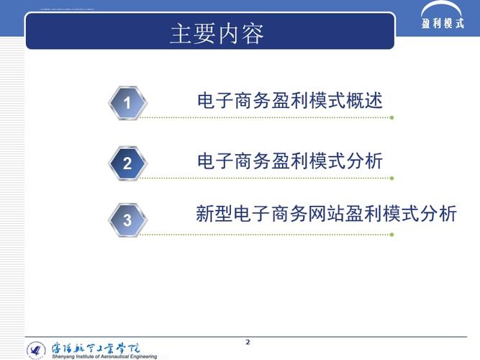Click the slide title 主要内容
tap(217, 33)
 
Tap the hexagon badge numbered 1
tap(127, 103)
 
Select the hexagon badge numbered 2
tap(127, 163)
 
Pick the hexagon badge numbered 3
tap(127, 220)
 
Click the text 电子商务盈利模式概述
tap(290, 101)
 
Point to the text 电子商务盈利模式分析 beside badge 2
tap(290, 161)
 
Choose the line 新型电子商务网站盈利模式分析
tap(326, 214)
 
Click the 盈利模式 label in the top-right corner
tap(443, 23)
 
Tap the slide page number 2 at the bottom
tap(248, 341)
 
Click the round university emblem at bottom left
tap(36, 350)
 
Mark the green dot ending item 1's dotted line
tap(391, 117)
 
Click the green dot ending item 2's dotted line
tap(391, 178)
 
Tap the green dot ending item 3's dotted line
tap(391, 234)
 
